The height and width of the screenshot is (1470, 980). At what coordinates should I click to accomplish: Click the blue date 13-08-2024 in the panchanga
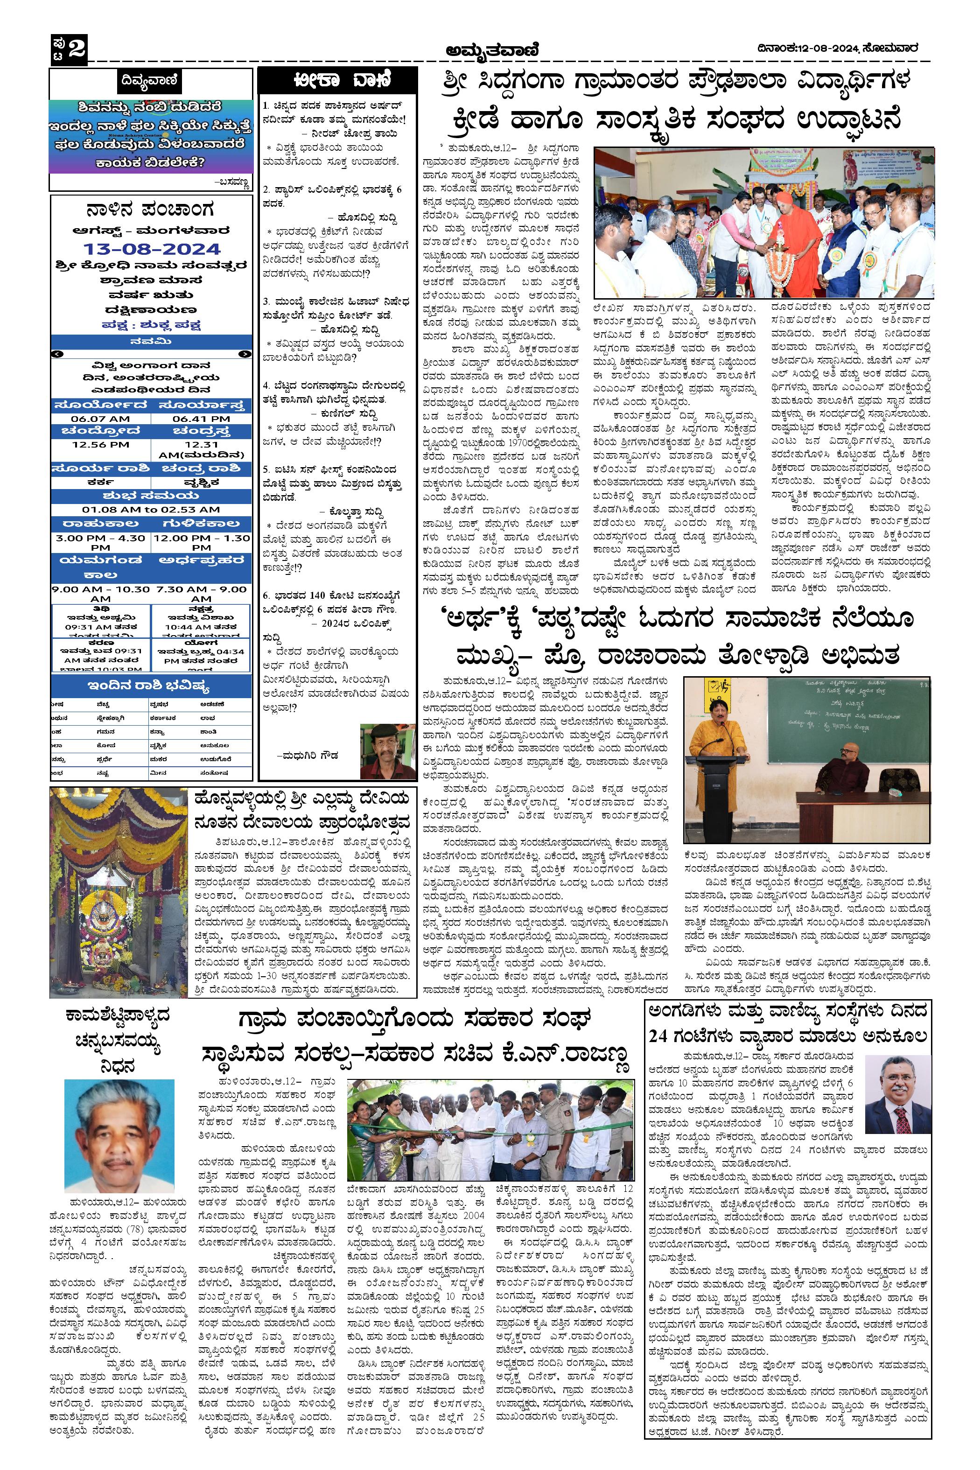click(152, 249)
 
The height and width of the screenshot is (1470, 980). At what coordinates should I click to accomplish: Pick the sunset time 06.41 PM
click(201, 418)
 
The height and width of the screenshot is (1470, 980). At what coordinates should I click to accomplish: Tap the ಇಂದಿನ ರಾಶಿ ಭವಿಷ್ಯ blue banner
click(152, 685)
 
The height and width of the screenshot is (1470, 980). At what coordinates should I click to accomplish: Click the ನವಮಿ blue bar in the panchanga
click(152, 341)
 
